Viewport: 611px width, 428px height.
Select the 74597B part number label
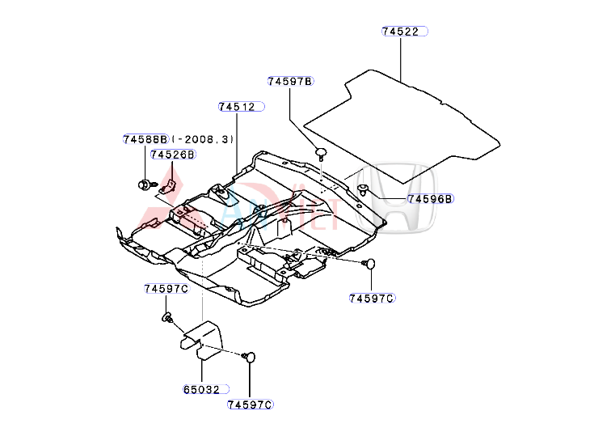coord(290,81)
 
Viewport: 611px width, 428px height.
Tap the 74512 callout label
coord(237,107)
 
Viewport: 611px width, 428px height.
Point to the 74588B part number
coord(145,139)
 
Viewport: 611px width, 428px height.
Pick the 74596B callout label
coord(430,198)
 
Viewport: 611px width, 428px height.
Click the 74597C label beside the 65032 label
coord(250,405)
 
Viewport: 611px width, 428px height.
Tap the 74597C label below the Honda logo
coord(371,299)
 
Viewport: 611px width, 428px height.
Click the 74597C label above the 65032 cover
coord(166,289)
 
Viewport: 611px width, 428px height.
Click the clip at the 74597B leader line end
coord(321,152)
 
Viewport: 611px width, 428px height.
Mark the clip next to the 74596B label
coord(364,191)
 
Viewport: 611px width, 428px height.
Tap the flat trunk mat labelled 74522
coord(404,113)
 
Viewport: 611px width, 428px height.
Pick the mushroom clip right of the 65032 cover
coord(250,356)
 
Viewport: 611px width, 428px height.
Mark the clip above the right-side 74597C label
coord(371,264)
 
